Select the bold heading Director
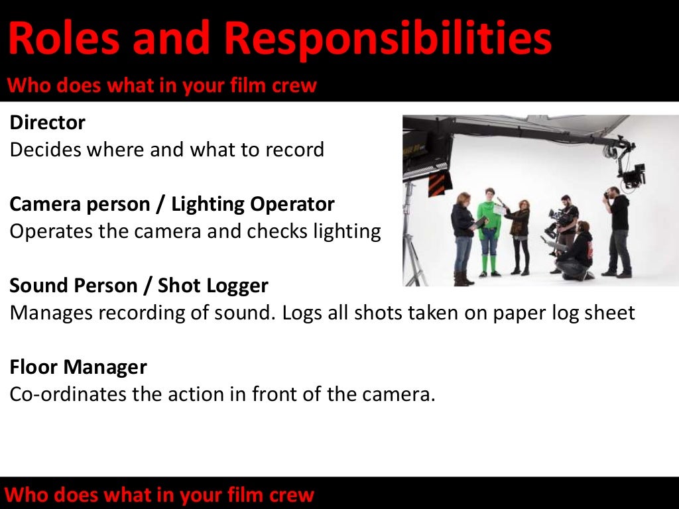(x=48, y=123)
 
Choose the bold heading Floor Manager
(x=78, y=367)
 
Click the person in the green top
(x=488, y=229)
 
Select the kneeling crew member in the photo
(x=576, y=252)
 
